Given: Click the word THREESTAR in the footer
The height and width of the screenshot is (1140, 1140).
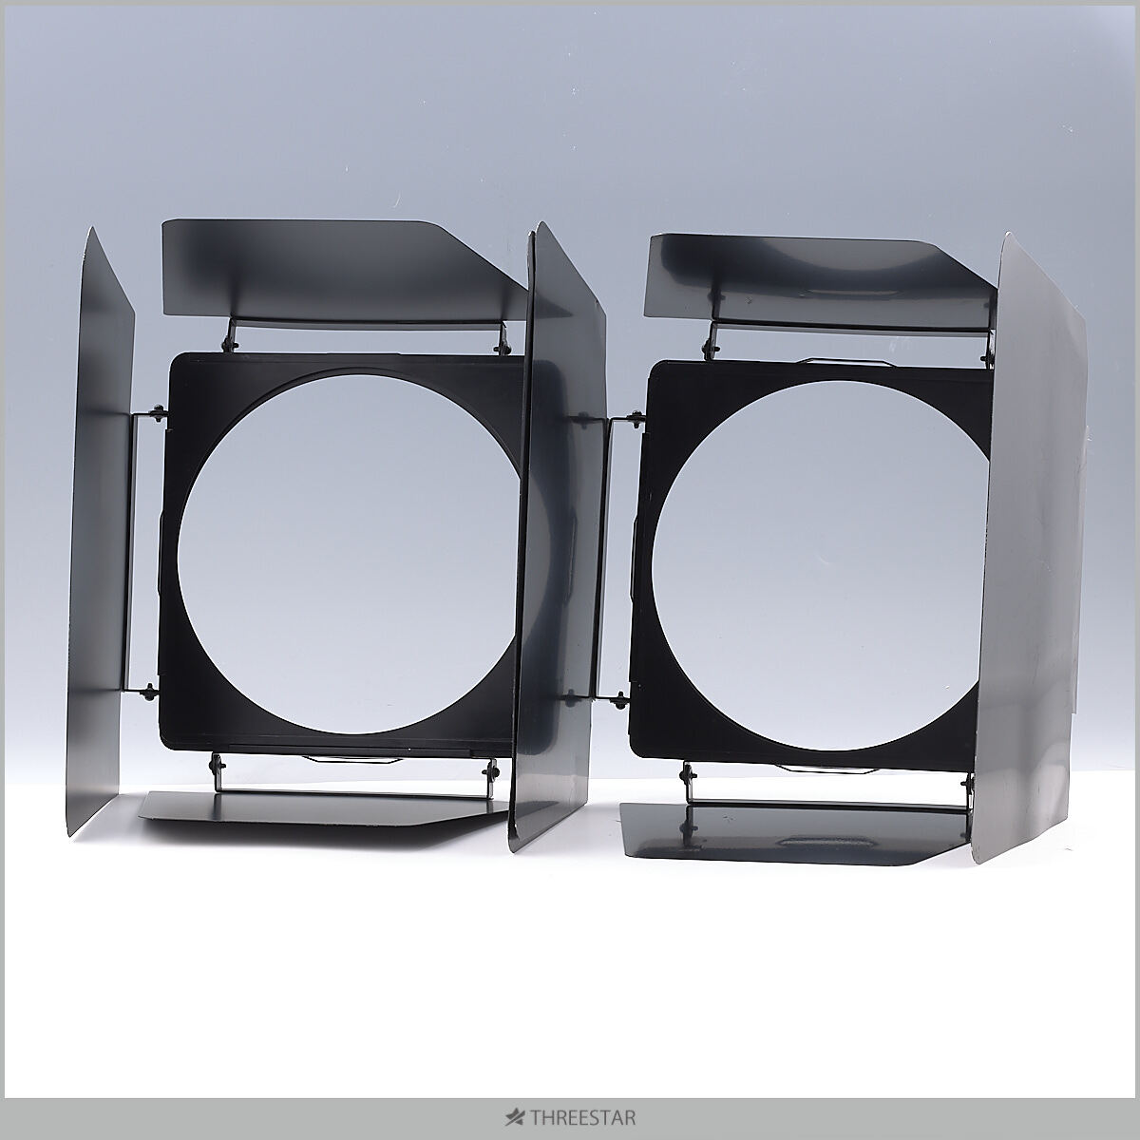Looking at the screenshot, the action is pyautogui.click(x=583, y=1117).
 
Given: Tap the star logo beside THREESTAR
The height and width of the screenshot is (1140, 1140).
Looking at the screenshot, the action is pyautogui.click(x=515, y=1117).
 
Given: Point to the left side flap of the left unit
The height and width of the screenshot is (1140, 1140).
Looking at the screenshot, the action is pyautogui.click(x=101, y=532).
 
